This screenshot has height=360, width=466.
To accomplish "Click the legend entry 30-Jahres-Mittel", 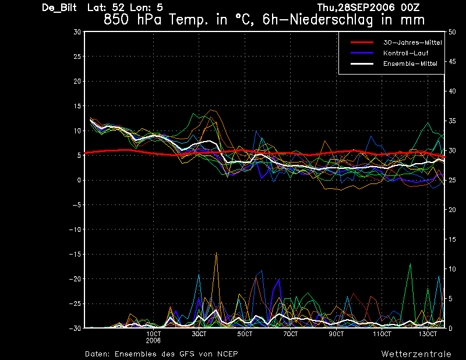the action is pyautogui.click(x=412, y=43).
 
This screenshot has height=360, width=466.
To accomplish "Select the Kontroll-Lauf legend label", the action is pyautogui.click(x=405, y=53).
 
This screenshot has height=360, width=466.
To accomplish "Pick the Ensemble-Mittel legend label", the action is pyautogui.click(x=410, y=63).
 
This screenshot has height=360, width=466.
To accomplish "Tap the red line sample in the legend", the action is pyautogui.click(x=362, y=43).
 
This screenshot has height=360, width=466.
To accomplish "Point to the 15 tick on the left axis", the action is pyautogui.click(x=77, y=106).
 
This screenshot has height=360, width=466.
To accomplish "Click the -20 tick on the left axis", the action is pyautogui.click(x=75, y=279).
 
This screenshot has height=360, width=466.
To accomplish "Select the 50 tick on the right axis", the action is pyautogui.click(x=452, y=32).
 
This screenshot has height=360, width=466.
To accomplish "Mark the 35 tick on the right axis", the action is pyautogui.click(x=452, y=121).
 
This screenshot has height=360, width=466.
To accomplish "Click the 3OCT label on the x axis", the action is pyautogui.click(x=199, y=334).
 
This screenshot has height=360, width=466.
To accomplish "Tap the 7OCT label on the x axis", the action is pyautogui.click(x=290, y=334).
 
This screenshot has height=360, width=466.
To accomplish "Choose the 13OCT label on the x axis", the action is pyautogui.click(x=428, y=334).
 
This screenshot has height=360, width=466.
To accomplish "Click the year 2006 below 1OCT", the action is pyautogui.click(x=153, y=341).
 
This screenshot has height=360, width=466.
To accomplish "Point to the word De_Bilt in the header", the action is pyautogui.click(x=59, y=8).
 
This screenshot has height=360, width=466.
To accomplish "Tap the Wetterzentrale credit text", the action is pyautogui.click(x=416, y=354).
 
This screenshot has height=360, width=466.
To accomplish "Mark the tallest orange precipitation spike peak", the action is pyautogui.click(x=216, y=253).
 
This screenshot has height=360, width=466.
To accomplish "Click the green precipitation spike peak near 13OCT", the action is pyautogui.click(x=411, y=264).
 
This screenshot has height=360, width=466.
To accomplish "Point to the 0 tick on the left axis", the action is pyautogui.click(x=79, y=180).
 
